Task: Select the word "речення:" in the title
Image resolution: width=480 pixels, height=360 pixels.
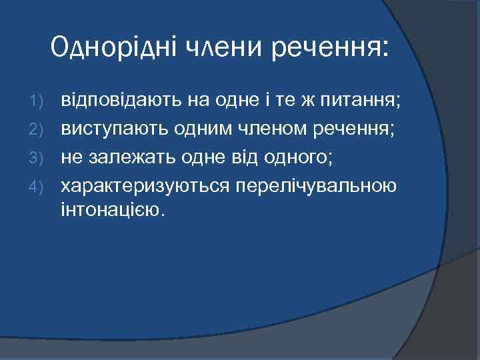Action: [330, 48]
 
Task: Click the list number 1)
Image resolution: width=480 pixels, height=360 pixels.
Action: [38, 102]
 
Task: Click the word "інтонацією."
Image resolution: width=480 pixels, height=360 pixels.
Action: [111, 210]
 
